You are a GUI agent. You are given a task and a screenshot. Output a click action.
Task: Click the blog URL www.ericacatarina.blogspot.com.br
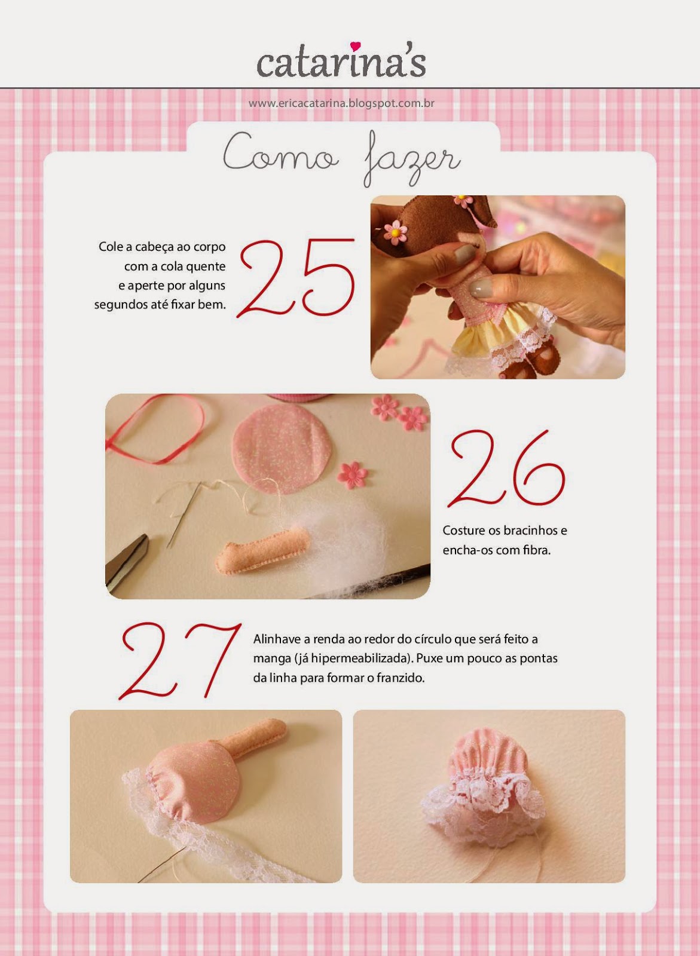pos(342,104)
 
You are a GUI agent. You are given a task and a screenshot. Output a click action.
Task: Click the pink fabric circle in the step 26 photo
pos(277,449)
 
